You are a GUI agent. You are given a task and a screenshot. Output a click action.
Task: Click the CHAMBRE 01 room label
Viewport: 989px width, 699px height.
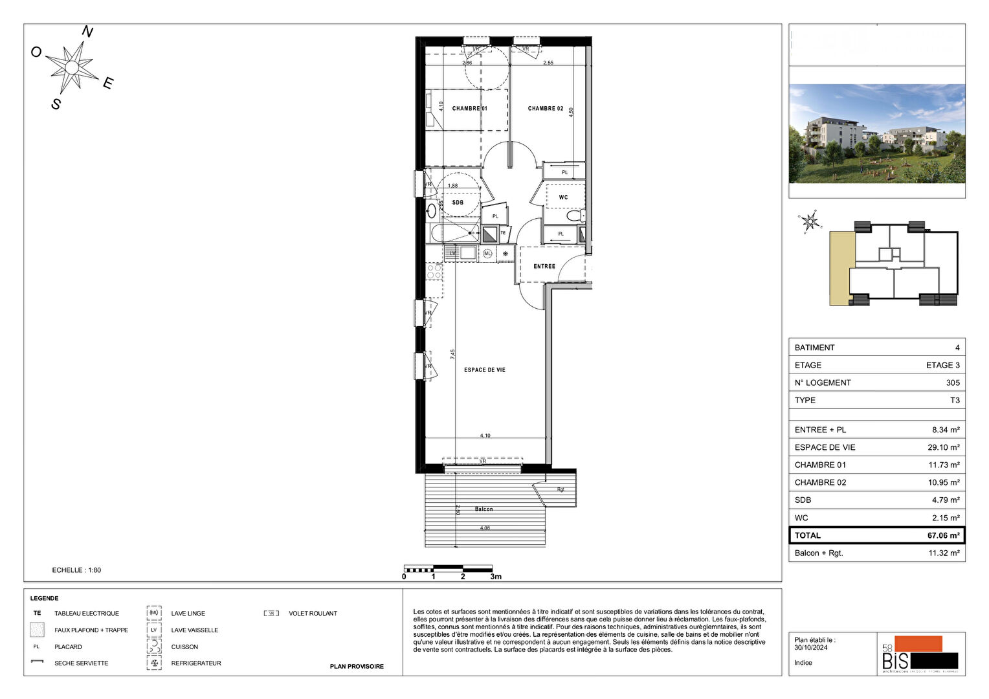[x=469, y=109]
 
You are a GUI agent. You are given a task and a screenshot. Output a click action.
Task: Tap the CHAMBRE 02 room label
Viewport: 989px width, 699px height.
[x=545, y=109]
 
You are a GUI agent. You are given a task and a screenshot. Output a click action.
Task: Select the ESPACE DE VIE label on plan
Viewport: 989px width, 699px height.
[x=484, y=370]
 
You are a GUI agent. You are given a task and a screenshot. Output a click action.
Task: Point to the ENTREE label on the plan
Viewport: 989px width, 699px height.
[x=544, y=266]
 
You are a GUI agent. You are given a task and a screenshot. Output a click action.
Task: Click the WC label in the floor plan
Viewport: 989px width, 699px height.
[x=563, y=197]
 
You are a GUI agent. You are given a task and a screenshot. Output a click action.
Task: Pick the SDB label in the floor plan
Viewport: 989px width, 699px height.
[x=458, y=203]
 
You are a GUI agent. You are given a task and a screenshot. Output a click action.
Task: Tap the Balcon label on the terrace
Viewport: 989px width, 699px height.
[x=483, y=509]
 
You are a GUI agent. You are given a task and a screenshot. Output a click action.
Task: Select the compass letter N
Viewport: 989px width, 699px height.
[x=87, y=32]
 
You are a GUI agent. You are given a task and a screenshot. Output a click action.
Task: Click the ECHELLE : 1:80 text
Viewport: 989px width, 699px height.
[x=76, y=570]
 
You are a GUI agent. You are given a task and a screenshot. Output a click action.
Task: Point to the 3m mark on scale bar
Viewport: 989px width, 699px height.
[x=496, y=577]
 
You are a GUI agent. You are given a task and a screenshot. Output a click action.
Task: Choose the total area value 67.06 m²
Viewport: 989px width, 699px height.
[x=943, y=535]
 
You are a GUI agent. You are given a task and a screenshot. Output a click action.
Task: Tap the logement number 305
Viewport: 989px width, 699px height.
[x=952, y=383]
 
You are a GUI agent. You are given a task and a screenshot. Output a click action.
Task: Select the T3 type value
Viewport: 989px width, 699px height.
[x=955, y=400]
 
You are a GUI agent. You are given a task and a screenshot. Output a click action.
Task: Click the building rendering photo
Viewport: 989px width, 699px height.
[x=876, y=133]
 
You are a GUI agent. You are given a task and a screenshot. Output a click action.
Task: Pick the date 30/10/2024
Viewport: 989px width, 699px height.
[x=811, y=647]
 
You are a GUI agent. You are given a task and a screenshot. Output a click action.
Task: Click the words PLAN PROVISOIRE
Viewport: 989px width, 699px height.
[x=357, y=666]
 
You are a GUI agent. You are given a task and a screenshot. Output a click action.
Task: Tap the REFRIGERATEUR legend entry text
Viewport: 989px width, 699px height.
[x=196, y=663]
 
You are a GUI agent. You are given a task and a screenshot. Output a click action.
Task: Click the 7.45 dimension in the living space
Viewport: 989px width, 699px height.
[x=453, y=354]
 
